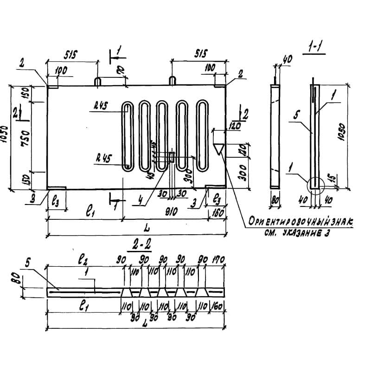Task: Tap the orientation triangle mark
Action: coord(218,149)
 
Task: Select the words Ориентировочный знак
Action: coord(300,223)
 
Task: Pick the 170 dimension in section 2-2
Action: coord(218,261)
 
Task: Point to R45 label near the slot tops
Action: coord(100,105)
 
